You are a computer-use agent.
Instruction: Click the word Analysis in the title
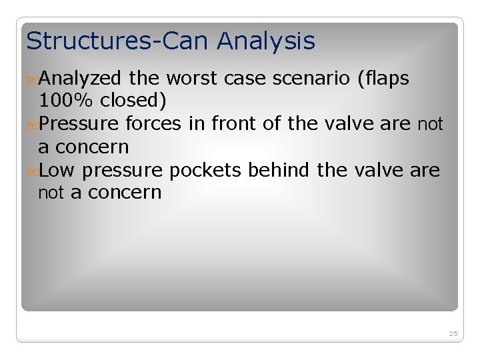pyautogui.click(x=266, y=42)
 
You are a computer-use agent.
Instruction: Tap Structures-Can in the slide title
pyautogui.click(x=118, y=41)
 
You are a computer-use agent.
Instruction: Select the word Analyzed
pyautogui.click(x=80, y=79)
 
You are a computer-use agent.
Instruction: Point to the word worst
pyautogui.click(x=191, y=79)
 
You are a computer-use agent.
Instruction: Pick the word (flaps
pyautogui.click(x=383, y=79)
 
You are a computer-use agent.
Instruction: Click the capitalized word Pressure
pyautogui.click(x=79, y=124)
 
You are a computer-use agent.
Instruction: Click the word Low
pyautogui.click(x=57, y=170)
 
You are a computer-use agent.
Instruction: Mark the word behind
pyautogui.click(x=280, y=170)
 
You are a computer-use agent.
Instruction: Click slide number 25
pyautogui.click(x=453, y=333)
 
